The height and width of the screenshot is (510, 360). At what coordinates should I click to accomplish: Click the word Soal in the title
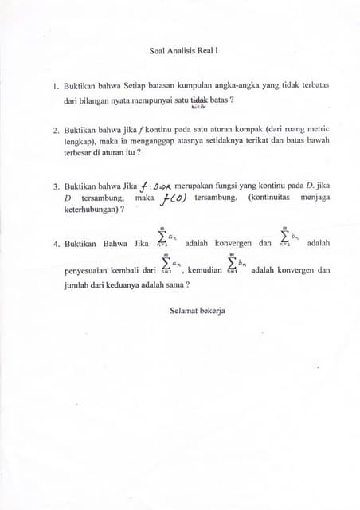tap(157, 50)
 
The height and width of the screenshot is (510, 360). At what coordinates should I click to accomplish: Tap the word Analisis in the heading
tap(182, 50)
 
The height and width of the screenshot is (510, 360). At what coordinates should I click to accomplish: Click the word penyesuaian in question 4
tap(89, 270)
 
